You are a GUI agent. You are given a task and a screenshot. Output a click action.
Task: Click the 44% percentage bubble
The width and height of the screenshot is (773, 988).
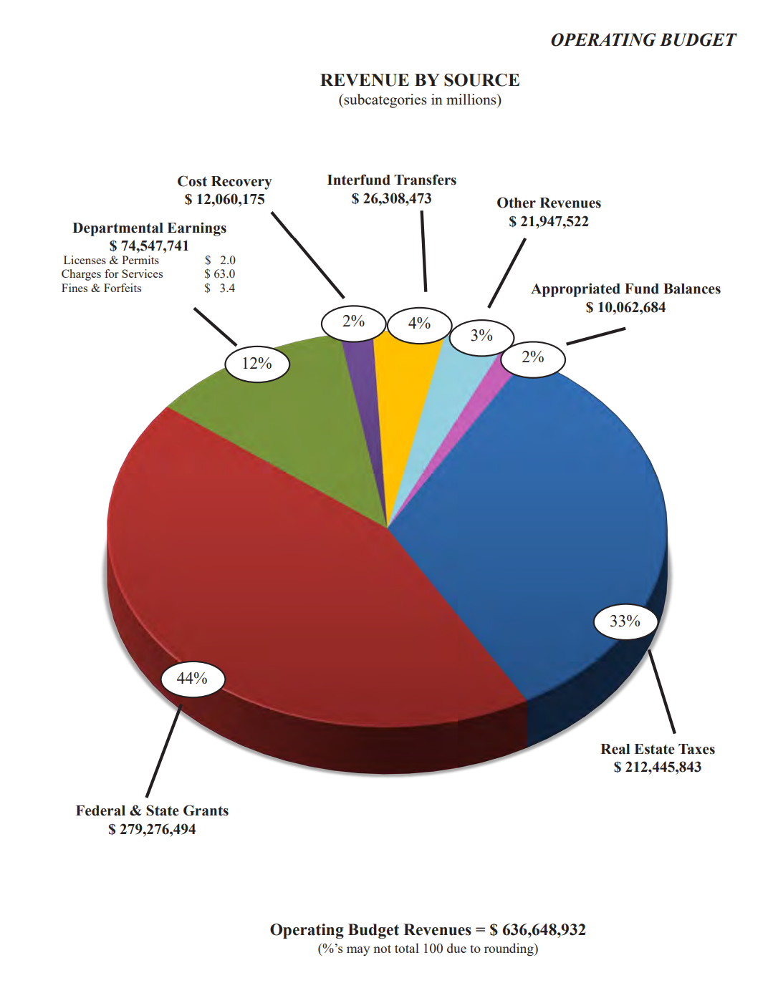click(x=192, y=679)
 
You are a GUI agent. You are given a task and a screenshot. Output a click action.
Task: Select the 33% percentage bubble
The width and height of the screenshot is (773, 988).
click(x=625, y=621)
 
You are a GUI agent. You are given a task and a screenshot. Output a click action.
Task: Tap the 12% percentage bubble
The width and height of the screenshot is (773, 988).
click(x=256, y=364)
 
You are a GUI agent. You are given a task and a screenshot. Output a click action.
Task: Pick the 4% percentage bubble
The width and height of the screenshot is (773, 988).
click(x=419, y=324)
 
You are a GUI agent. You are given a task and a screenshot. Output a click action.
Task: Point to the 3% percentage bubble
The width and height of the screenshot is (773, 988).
click(x=481, y=336)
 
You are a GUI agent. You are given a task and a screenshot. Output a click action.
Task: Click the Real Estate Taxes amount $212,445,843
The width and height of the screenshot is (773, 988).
click(x=657, y=767)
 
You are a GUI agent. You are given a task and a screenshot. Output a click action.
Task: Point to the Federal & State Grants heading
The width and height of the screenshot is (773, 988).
click(x=152, y=810)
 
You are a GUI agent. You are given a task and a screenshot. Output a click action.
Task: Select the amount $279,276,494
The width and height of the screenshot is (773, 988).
click(x=152, y=829)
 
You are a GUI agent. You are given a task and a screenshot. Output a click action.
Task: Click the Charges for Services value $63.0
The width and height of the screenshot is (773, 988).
click(x=219, y=274)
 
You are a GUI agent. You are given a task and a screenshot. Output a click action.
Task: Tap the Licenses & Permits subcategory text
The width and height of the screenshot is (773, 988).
click(x=111, y=261)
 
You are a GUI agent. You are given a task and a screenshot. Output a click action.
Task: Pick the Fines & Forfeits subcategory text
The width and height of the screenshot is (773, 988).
click(x=102, y=289)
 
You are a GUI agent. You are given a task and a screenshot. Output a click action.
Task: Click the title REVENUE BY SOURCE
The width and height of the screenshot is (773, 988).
click(x=420, y=80)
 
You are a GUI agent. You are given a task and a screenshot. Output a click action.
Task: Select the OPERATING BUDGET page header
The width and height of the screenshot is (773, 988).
click(x=643, y=40)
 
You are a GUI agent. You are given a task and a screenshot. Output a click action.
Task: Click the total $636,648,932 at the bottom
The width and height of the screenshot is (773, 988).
click(x=537, y=930)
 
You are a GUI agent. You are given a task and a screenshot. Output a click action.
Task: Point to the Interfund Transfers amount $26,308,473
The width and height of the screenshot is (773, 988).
click(x=391, y=199)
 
